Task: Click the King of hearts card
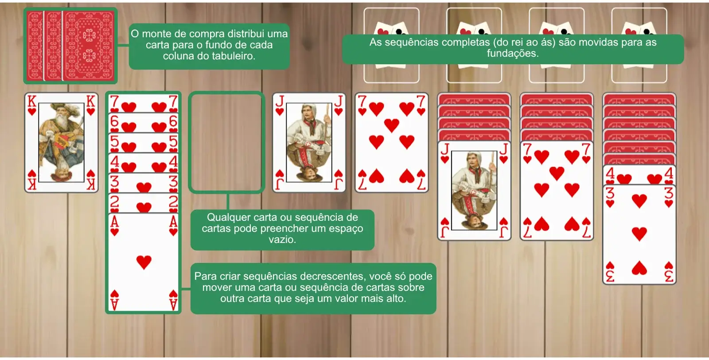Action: point(62,142)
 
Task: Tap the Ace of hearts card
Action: point(144,262)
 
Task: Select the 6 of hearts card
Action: point(144,123)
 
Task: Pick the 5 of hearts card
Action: point(144,143)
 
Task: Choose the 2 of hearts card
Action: point(144,203)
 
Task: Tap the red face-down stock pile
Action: point(70,46)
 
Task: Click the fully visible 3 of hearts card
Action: point(639,234)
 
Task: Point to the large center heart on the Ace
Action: point(144,262)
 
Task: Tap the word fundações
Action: point(513,53)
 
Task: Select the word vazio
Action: point(282,239)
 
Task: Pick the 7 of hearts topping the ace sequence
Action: point(144,103)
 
